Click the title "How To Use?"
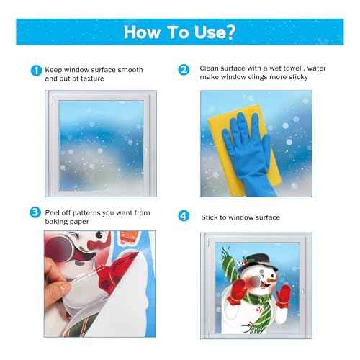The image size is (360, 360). (x=179, y=32)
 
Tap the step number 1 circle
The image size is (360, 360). (x=35, y=71)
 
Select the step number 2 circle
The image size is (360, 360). (x=184, y=71)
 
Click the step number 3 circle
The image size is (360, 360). (x=35, y=212)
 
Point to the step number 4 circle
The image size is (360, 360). (x=184, y=216)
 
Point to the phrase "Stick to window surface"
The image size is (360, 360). (x=240, y=217)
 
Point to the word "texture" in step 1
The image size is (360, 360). (x=99, y=79)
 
